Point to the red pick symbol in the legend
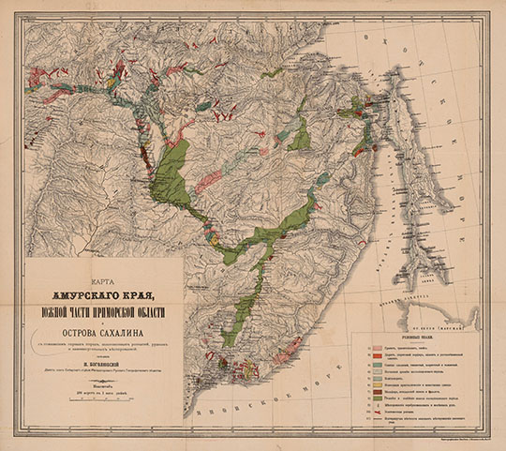363,411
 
